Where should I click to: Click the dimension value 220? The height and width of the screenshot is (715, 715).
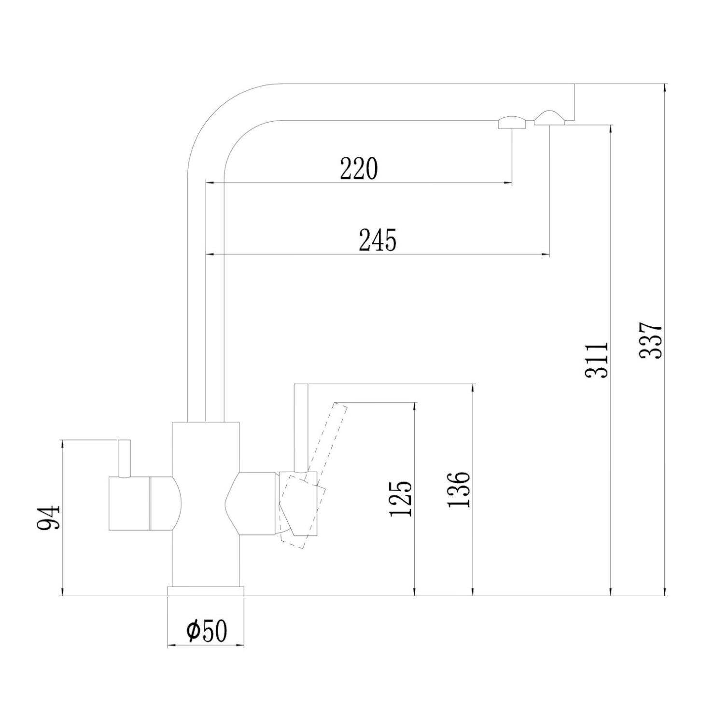click(359, 169)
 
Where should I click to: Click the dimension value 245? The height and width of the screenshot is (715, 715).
click(378, 240)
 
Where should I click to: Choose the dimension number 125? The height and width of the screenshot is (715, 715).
click(401, 499)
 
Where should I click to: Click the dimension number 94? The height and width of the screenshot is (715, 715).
click(48, 518)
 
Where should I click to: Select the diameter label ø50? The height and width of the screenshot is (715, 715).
click(207, 631)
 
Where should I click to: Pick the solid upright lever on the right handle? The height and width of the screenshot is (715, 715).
click(301, 427)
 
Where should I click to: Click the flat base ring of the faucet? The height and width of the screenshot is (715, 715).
click(206, 591)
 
